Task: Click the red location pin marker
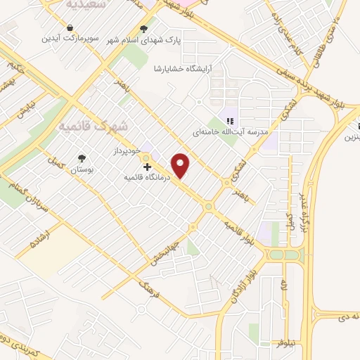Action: pos(181,166)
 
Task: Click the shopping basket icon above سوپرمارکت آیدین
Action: pos(70,28)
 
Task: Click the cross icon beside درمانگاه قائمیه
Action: pos(147,167)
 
